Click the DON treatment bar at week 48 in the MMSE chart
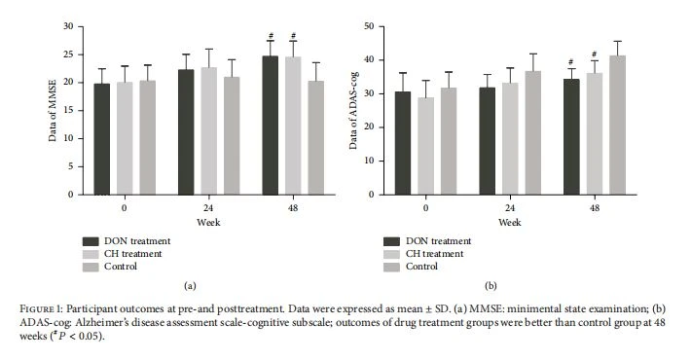pos(271,126)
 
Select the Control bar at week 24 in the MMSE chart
pos(232,135)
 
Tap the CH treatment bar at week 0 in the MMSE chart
pos(125,138)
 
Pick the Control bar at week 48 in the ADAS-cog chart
pos(617,126)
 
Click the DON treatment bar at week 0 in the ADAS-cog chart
pos(403,143)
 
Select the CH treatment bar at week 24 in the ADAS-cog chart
pos(510,139)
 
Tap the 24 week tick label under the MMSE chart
pos(208,207)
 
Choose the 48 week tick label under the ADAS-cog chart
pos(595,207)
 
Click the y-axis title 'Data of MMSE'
pos(53,110)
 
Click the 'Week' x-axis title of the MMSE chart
pos(208,222)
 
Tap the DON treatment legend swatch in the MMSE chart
pos(91,241)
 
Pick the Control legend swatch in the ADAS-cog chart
pos(392,267)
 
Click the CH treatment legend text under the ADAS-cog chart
pos(434,254)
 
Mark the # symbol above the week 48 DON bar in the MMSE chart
pos(271,36)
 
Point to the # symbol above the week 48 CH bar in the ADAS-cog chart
pos(595,54)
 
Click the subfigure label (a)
pos(190,285)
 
